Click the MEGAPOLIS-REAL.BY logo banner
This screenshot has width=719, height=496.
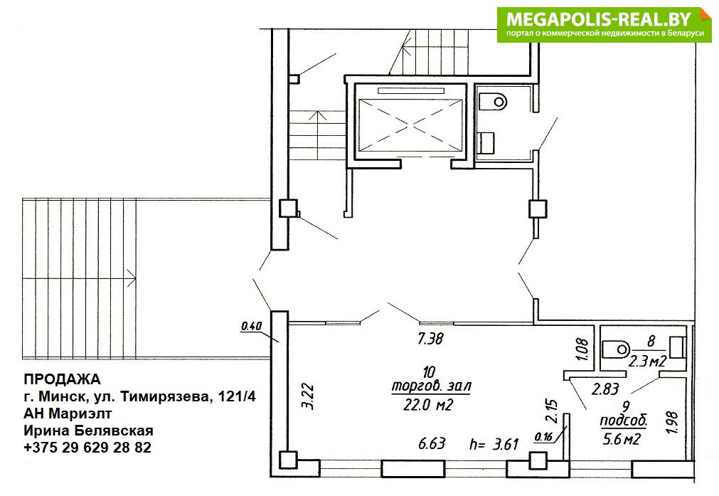coord(604,25)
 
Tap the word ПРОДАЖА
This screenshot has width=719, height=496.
coord(62,379)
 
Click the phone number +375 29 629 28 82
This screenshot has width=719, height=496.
coord(87,447)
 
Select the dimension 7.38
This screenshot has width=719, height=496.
coord(430,339)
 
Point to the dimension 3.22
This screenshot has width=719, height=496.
coord(308,396)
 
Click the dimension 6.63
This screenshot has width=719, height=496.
coord(432,443)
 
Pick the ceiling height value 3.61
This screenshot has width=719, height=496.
coord(506,443)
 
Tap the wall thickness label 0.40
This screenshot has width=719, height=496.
coord(251,326)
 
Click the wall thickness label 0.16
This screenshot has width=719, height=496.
coord(543,437)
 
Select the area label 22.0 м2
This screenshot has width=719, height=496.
coord(428,405)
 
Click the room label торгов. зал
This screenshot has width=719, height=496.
coord(431,386)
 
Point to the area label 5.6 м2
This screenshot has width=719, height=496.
coord(622,439)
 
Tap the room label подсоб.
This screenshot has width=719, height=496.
coord(624,421)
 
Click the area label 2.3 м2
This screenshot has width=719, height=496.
coord(647,362)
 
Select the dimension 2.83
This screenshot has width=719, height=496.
coord(605,389)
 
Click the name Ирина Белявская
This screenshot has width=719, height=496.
coord(88,431)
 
